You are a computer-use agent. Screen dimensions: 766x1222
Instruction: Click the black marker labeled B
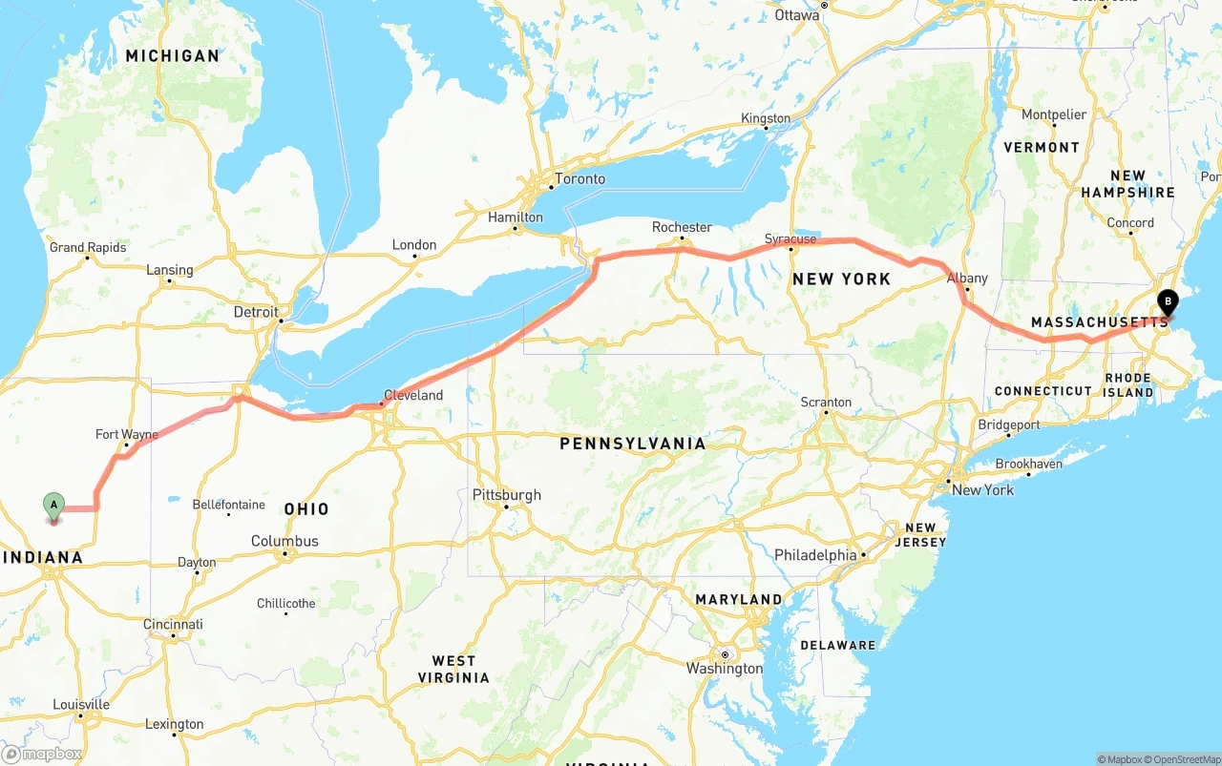[x=1167, y=301]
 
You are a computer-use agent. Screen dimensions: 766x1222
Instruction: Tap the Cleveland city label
[x=413, y=395]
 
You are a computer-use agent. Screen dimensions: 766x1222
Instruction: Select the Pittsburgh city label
[x=507, y=495]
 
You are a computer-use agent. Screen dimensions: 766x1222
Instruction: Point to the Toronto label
[x=580, y=179]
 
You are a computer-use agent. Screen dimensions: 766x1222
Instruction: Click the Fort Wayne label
[x=127, y=435]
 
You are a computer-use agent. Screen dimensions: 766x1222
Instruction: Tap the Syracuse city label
[x=790, y=238]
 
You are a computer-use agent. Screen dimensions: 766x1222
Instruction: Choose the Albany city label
[x=967, y=279]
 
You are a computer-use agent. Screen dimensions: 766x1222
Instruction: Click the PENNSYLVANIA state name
[x=633, y=444]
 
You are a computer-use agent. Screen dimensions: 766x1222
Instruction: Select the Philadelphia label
[x=815, y=555]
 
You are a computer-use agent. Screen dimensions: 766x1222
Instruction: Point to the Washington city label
[x=725, y=669]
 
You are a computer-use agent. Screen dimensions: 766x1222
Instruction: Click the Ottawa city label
[x=797, y=15]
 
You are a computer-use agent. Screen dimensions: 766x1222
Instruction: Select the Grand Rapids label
[x=88, y=248]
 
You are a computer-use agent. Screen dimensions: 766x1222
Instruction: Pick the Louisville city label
[x=81, y=705]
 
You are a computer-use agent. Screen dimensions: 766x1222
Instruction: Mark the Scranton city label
[x=826, y=403]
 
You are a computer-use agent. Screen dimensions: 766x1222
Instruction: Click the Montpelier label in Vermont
[x=1054, y=114]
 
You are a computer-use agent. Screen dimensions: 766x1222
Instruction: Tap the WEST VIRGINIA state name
[x=453, y=669]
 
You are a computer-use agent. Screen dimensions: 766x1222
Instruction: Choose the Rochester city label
[x=682, y=227]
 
